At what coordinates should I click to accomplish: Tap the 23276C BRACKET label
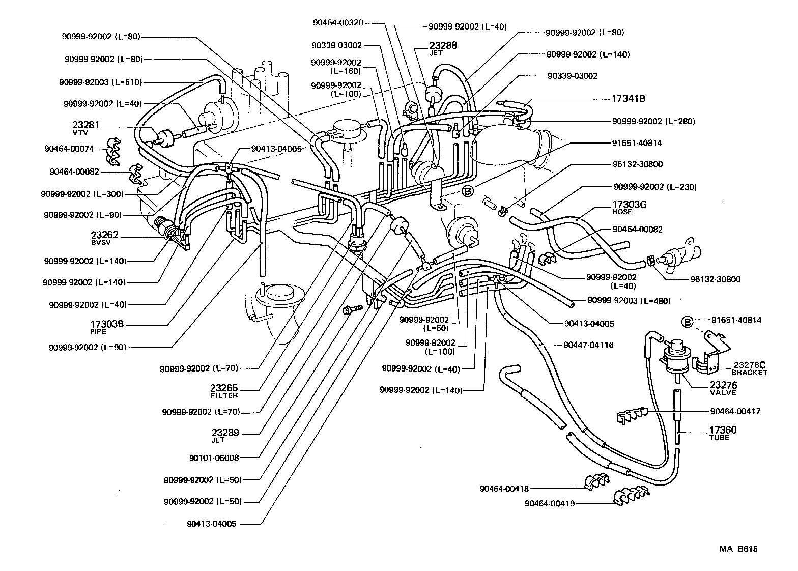(749, 367)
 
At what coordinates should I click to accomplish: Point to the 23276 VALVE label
(723, 388)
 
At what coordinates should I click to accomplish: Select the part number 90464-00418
(504, 489)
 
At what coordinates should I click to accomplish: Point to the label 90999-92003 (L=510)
(100, 82)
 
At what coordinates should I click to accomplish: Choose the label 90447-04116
(588, 345)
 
